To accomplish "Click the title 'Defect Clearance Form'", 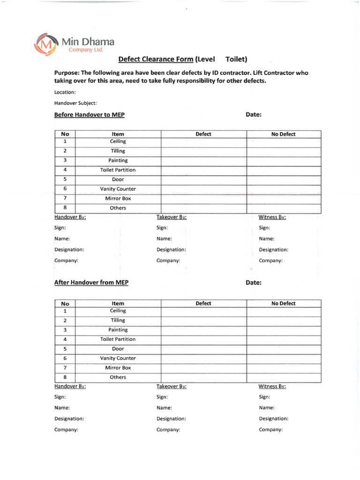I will [155, 59].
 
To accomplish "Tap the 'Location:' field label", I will [65, 92].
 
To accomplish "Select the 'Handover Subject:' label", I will [75, 103].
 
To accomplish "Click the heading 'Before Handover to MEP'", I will [90, 115].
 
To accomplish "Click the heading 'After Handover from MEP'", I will [91, 283].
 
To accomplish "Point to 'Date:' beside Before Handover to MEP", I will [254, 115].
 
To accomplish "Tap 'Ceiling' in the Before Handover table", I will [118, 142].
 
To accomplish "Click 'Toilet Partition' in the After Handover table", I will [118, 339].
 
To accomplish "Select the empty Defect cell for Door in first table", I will [204, 180].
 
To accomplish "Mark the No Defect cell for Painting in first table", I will [284, 161].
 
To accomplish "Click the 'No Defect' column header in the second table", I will [284, 304].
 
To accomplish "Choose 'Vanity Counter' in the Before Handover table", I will [118, 189].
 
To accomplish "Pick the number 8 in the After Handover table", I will [65, 377].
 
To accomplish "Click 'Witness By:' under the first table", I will [272, 217].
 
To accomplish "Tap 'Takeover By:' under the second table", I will [172, 387].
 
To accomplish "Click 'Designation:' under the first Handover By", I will [69, 250].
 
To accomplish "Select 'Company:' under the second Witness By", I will [271, 430].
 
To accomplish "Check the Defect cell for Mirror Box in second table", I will [204, 368].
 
